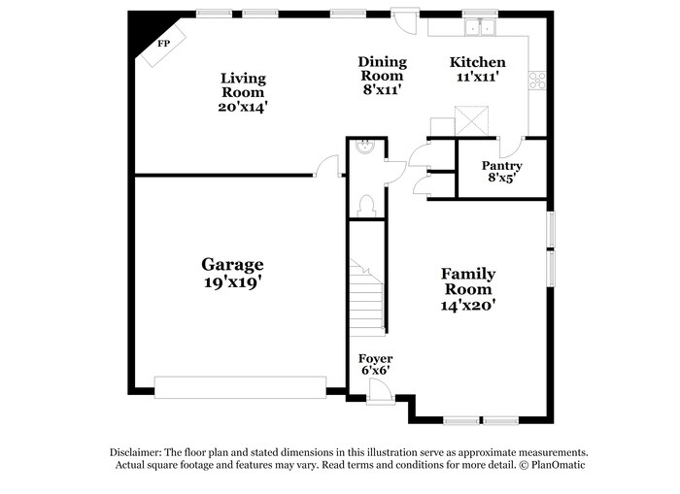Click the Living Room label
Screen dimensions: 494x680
[x=243, y=79]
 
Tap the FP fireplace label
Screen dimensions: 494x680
[x=163, y=44]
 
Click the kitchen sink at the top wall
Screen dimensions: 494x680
[x=479, y=28]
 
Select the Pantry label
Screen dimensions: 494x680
[x=502, y=166]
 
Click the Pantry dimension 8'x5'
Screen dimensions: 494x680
[x=502, y=179]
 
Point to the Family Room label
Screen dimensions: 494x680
[x=468, y=281]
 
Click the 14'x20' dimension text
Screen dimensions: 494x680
[x=468, y=305]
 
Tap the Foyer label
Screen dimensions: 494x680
[x=376, y=358]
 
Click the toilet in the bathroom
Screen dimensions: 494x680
[x=367, y=204]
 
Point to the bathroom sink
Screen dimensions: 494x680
[x=364, y=148]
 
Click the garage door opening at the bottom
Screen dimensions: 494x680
[x=240, y=387]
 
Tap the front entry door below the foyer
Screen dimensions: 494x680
[x=381, y=396]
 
